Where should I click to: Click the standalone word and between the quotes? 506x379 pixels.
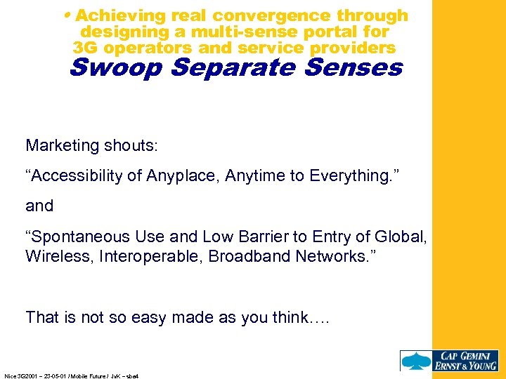tap(39, 206)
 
